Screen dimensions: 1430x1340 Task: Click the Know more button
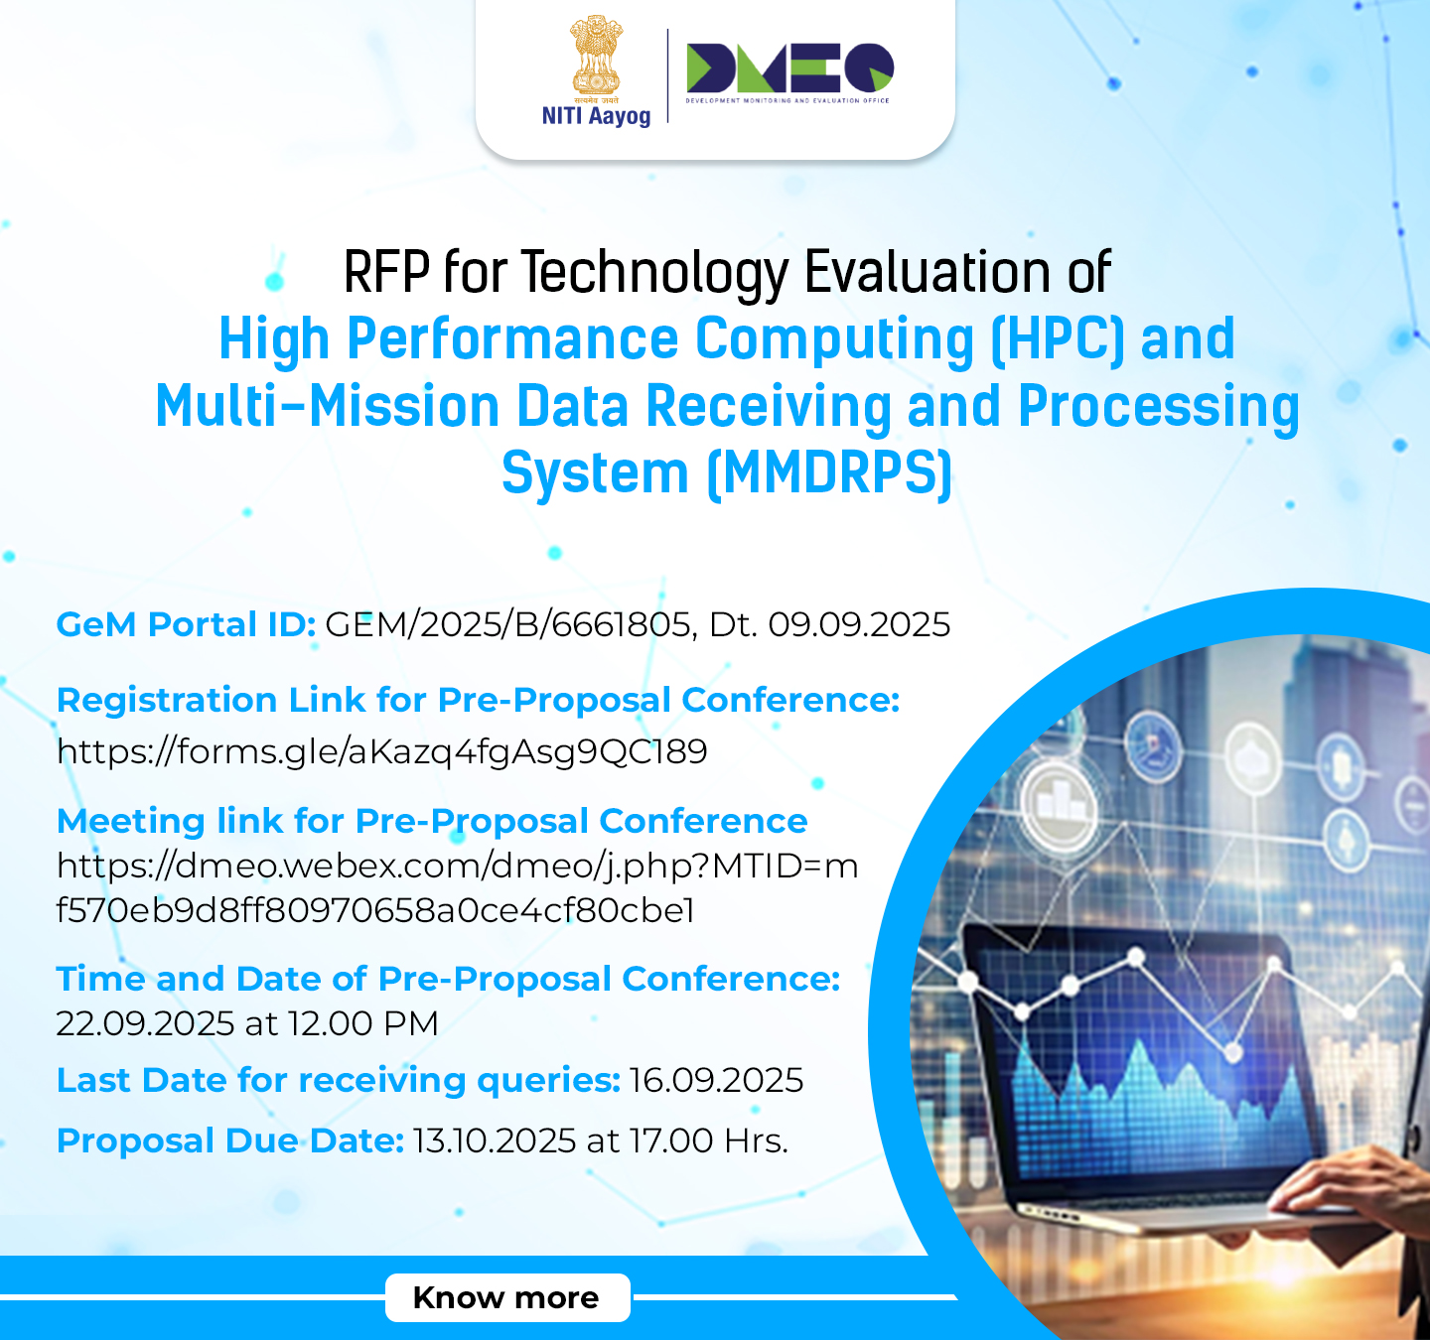click(507, 1297)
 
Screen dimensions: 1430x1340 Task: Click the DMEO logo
click(789, 72)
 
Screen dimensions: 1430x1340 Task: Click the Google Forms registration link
click(381, 751)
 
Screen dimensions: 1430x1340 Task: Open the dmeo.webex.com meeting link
click(457, 887)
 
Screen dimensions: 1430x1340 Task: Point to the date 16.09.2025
click(716, 1080)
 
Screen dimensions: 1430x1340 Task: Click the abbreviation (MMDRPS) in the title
click(829, 473)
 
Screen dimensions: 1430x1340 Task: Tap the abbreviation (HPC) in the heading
click(1057, 339)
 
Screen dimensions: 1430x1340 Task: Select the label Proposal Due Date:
click(230, 1140)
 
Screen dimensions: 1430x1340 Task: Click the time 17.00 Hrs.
click(709, 1140)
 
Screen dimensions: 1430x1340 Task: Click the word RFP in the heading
click(386, 272)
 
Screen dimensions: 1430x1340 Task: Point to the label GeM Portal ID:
click(187, 624)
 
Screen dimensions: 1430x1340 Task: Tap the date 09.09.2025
click(859, 624)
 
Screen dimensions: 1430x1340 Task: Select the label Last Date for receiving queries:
click(339, 1080)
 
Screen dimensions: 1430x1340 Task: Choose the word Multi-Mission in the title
click(328, 406)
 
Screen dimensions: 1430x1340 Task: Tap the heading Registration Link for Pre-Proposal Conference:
click(478, 700)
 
